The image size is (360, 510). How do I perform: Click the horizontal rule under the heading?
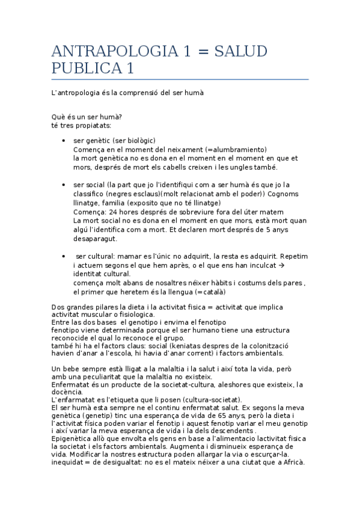click(180, 79)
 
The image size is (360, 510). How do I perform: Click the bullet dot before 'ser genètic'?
click(64, 141)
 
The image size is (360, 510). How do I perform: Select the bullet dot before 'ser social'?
click(64, 185)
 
